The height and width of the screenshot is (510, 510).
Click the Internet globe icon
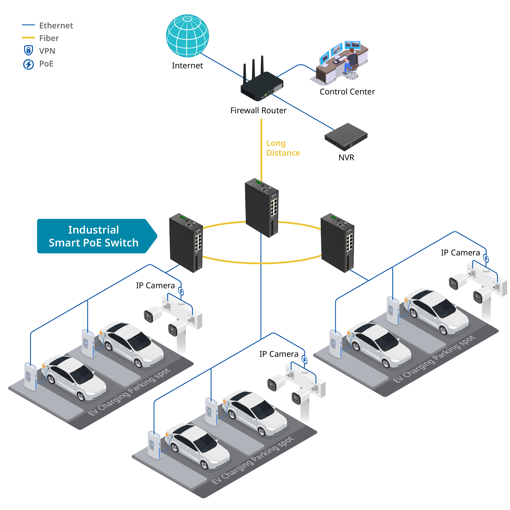[x=187, y=36]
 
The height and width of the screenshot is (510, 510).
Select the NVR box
[x=346, y=137]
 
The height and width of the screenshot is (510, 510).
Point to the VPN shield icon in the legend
[x=29, y=50]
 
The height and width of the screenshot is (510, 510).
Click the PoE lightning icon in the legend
[x=29, y=64]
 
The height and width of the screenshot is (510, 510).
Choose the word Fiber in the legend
[x=49, y=38]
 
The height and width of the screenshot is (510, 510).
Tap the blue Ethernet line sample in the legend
[x=29, y=25]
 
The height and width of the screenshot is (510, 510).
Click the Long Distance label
[x=283, y=148]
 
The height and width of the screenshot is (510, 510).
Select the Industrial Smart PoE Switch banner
[x=97, y=236]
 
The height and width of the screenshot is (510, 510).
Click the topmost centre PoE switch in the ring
[x=262, y=208]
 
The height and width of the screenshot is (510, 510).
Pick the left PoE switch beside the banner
[x=186, y=243]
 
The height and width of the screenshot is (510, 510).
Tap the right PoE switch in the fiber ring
[x=337, y=243]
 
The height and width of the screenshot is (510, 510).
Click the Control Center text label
[x=347, y=92]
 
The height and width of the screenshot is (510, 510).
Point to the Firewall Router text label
[x=258, y=110]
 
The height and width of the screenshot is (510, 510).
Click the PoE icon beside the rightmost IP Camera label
[x=486, y=258]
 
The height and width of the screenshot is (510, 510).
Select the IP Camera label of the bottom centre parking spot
[x=279, y=354]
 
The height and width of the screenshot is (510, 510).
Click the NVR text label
[x=346, y=158]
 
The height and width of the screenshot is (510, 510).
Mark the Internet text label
[x=187, y=65]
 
